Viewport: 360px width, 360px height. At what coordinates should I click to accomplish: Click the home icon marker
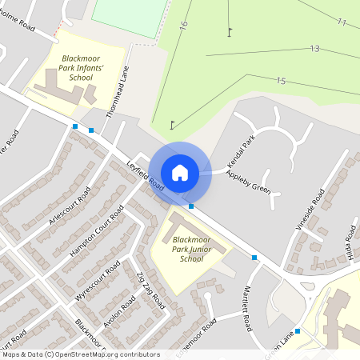(180, 172)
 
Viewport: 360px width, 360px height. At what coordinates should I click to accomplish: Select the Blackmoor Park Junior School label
(191, 249)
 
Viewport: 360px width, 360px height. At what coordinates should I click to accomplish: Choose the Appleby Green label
(248, 182)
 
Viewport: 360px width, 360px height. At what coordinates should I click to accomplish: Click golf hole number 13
(314, 49)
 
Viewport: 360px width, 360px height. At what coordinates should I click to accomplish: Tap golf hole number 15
(280, 81)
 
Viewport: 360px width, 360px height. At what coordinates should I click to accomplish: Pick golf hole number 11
(342, 22)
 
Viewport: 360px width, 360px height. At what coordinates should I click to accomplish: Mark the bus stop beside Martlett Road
(254, 258)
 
